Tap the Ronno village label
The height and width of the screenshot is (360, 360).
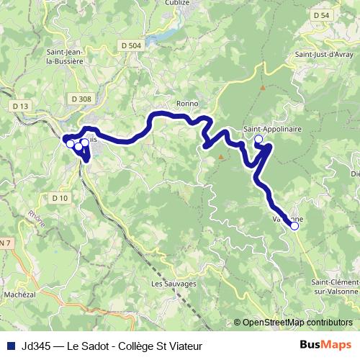tap(186, 104)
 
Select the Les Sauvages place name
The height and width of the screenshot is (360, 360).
tap(174, 284)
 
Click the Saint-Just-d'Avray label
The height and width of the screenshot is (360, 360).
tap(323, 54)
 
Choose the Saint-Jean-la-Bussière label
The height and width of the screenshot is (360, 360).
tap(65, 56)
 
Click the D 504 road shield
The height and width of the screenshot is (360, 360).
tap(132, 45)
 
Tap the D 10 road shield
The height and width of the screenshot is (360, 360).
tap(59, 197)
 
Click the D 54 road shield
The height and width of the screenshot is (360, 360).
tap(321, 15)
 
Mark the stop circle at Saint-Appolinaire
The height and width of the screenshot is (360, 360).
tap(258, 139)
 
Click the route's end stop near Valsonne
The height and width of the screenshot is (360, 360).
tap(294, 226)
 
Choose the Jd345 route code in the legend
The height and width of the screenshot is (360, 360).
tap(37, 346)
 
